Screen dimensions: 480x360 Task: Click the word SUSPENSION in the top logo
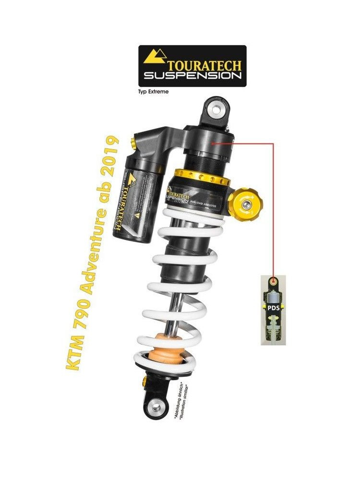tap(192, 76)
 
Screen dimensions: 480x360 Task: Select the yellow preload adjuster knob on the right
tap(245, 205)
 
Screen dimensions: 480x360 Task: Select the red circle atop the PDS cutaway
tap(274, 280)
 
